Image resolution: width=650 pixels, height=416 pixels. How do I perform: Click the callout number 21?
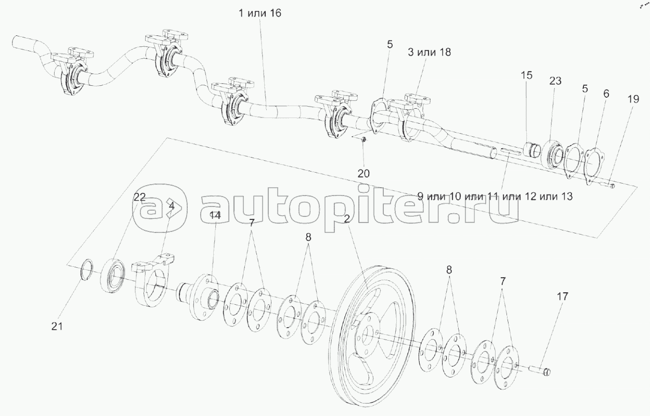coord(57,327)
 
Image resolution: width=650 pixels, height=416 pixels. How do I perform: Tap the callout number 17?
coord(562,296)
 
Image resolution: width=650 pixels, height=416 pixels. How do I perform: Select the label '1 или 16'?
coord(259,13)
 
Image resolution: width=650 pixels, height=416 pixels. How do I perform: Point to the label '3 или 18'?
coord(429,52)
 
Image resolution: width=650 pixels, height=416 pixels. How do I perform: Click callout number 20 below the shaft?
coord(363,174)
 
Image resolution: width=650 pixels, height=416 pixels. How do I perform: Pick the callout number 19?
coord(633,99)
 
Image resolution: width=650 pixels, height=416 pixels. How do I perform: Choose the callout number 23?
coord(555,81)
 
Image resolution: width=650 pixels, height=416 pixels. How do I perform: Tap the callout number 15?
coord(526,75)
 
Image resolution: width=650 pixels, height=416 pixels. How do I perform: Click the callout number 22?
coord(139,197)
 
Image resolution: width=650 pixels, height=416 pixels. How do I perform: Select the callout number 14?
coord(215,215)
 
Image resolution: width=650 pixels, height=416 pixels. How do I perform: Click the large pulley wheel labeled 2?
coord(371,336)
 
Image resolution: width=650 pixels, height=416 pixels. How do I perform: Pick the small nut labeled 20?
coord(363,139)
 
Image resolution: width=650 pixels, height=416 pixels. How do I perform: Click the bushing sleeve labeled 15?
coord(532,149)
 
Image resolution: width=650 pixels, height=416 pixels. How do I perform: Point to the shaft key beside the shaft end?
coord(510,152)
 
